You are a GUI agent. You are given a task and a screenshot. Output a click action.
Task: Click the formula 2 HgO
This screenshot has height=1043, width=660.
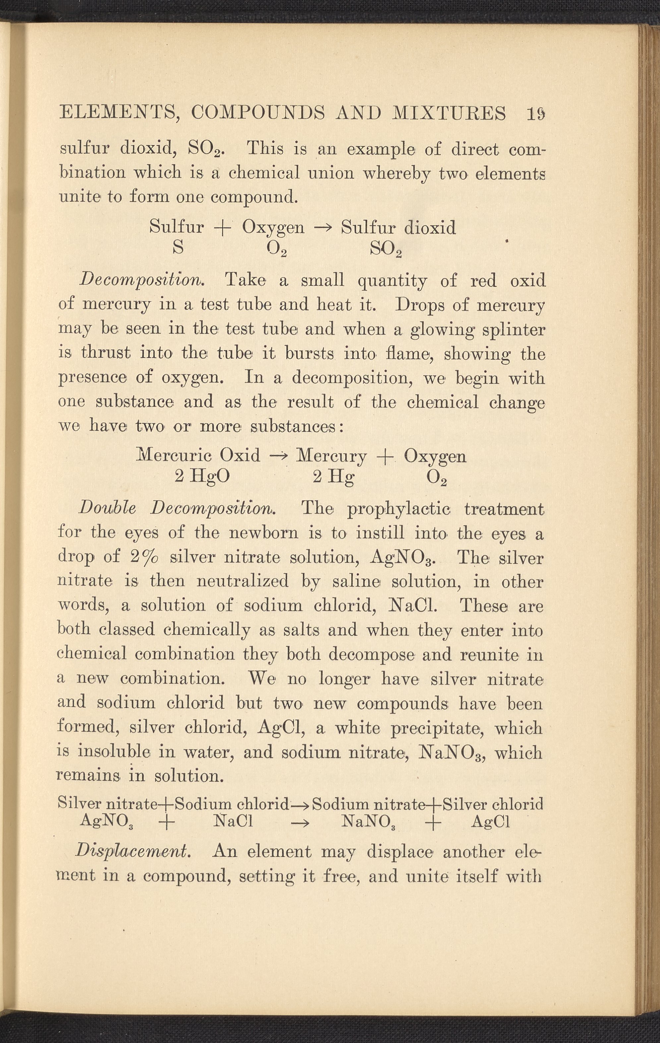click(x=202, y=477)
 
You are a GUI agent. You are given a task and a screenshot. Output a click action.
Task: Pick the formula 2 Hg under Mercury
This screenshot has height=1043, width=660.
click(x=333, y=477)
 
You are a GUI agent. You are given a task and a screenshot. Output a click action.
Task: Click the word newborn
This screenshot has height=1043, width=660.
click(x=263, y=533)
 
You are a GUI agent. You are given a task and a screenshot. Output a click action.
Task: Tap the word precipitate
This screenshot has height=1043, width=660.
click(x=438, y=728)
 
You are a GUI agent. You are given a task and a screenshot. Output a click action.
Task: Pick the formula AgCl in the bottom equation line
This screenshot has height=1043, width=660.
click(x=490, y=822)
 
